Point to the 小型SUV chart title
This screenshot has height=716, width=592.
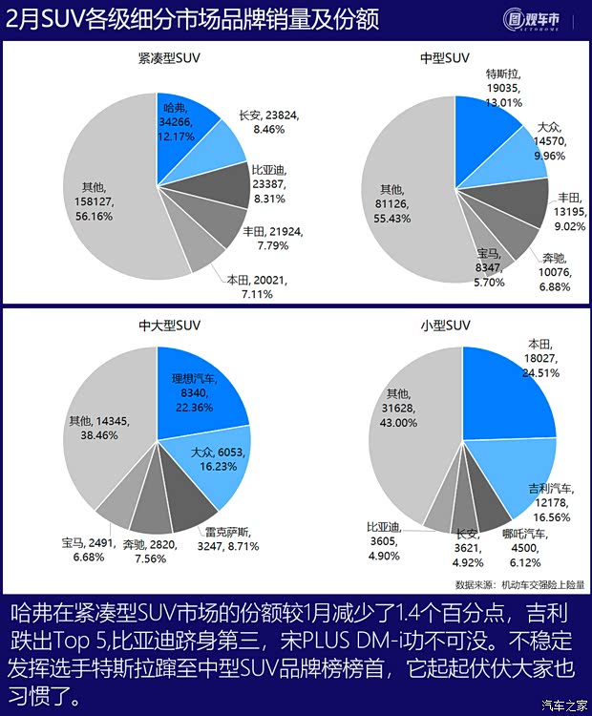point(445,324)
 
